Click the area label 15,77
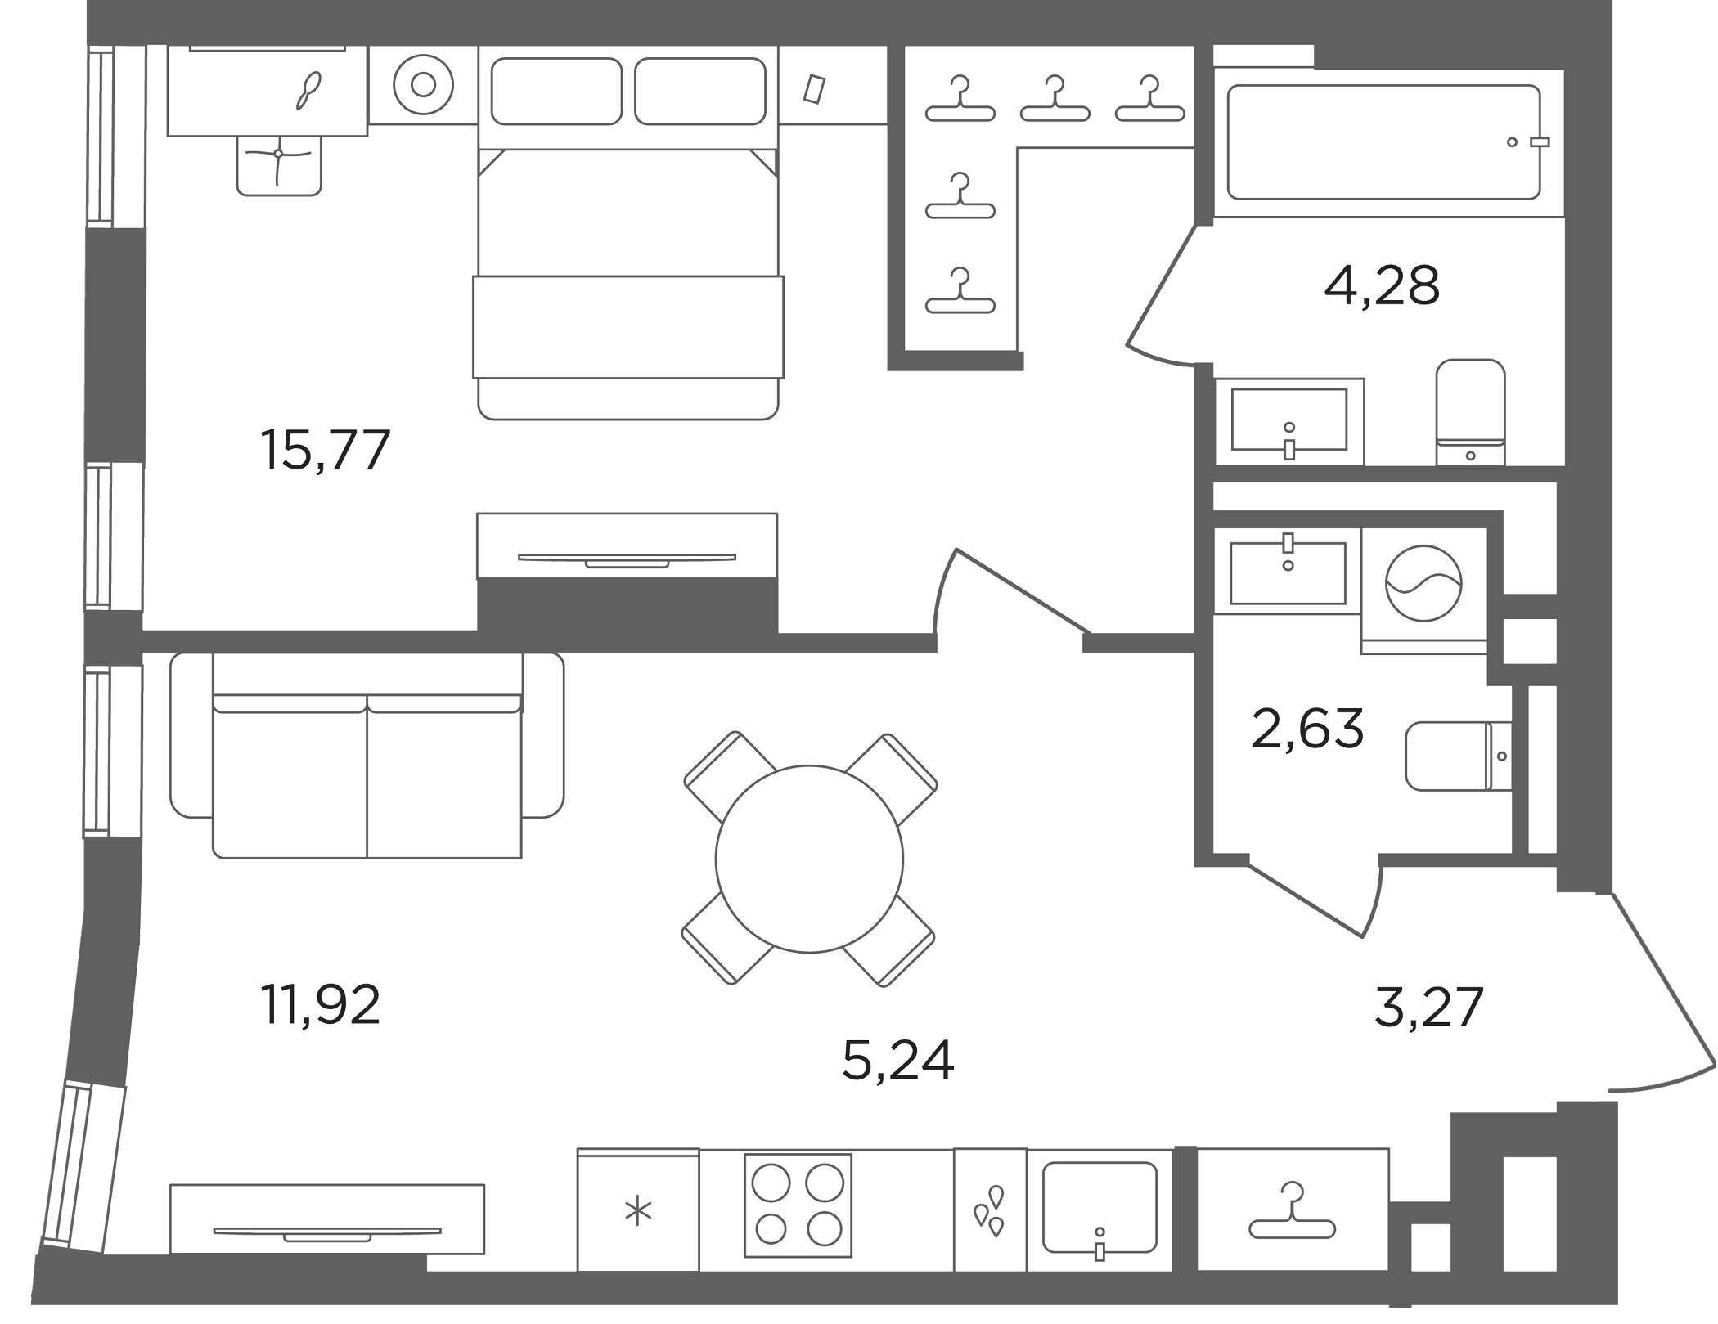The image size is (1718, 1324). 325,451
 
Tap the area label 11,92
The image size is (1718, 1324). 320,1005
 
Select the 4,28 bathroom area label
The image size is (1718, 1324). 1382,285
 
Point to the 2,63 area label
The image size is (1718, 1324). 1307,729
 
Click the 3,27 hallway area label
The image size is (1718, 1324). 1428,1008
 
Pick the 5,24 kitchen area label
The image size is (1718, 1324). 897,1061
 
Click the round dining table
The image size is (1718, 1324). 809,859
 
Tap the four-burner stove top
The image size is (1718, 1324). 798,1205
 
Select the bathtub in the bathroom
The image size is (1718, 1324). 1383,142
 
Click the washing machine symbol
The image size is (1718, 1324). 1423,583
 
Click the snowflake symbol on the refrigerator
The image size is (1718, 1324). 638,1212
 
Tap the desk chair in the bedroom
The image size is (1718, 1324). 279,165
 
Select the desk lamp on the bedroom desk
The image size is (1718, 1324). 308,90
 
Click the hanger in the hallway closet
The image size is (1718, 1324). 1292,1216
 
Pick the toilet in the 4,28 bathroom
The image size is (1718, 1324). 1470,412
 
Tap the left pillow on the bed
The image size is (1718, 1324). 556,92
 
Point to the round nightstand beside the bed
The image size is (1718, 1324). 423,85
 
